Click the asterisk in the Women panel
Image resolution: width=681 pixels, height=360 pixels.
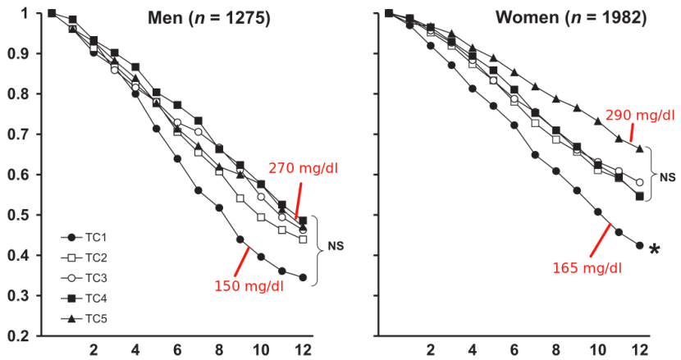[654, 250]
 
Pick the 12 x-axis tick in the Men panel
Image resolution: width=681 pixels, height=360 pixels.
[303, 350]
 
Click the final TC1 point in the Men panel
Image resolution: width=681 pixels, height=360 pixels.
[303, 278]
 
